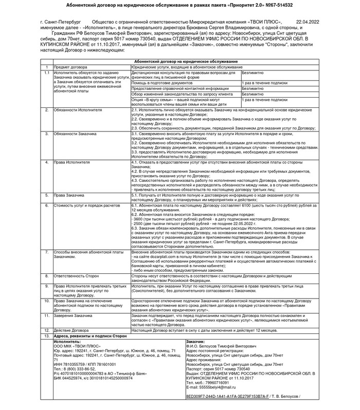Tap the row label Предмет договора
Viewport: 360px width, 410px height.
point(70,67)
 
